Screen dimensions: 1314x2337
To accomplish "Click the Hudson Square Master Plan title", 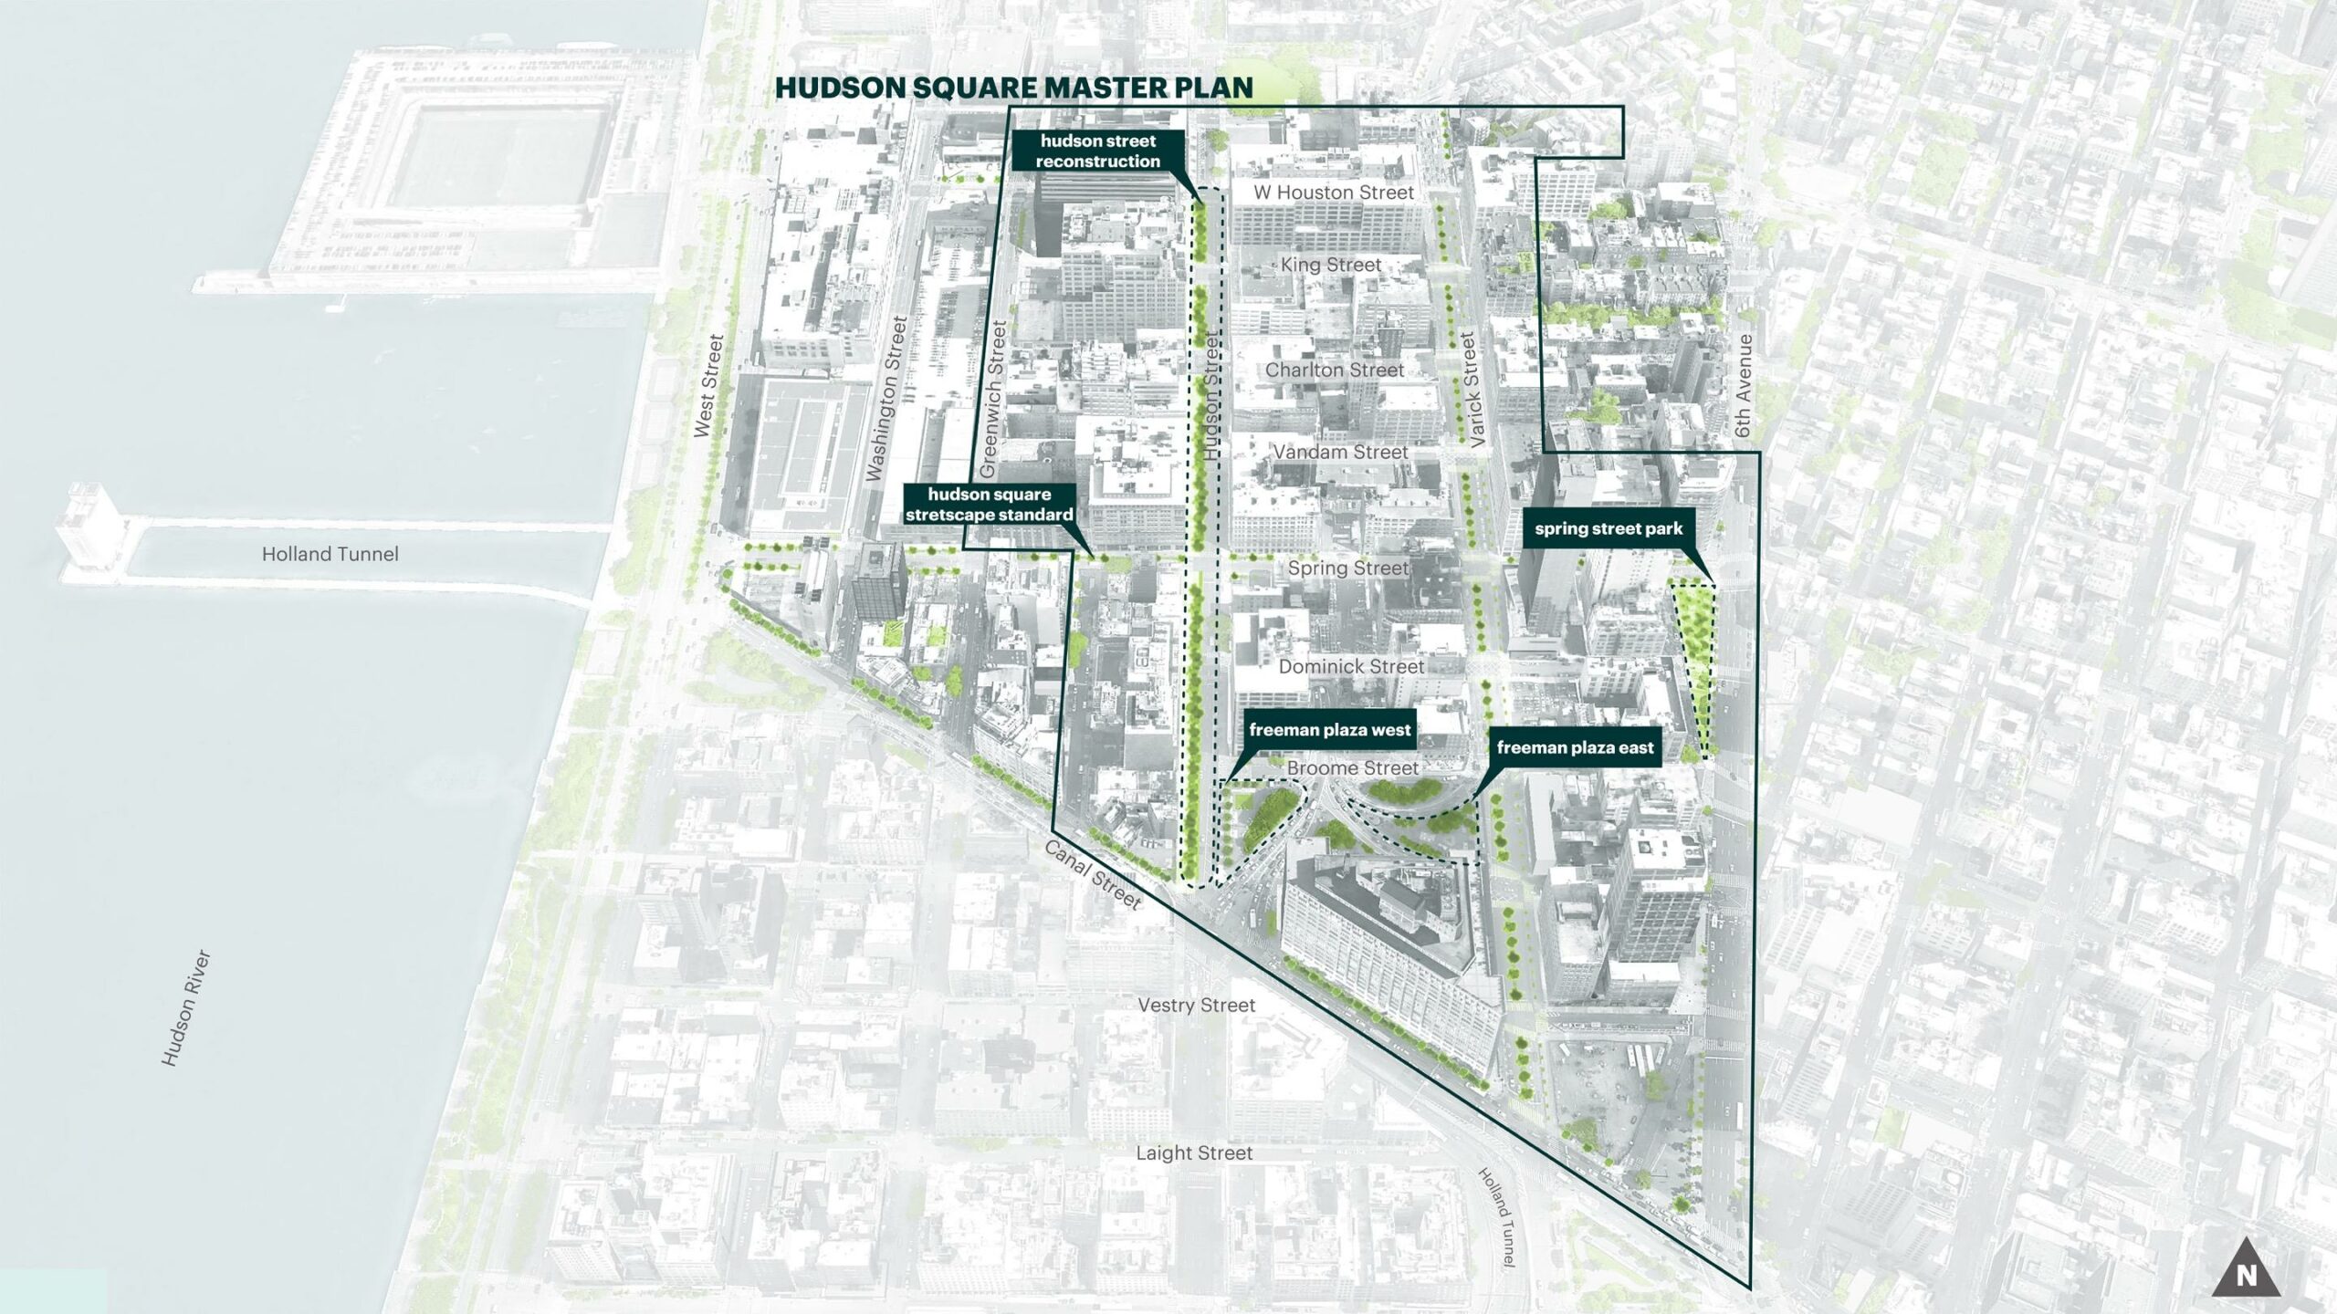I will pyautogui.click(x=1013, y=88).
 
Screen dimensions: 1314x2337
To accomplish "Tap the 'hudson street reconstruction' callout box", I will pyautogui.click(x=1097, y=151).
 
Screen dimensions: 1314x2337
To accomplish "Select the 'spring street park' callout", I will pyautogui.click(x=1608, y=528).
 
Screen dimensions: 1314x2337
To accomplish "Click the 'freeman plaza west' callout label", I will pyautogui.click(x=1329, y=729).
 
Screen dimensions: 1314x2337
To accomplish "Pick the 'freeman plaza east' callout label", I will pyautogui.click(x=1575, y=747).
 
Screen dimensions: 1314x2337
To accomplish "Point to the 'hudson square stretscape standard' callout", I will pyautogui.click(x=989, y=504).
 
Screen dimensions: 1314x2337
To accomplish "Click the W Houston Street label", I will pyautogui.click(x=1333, y=193).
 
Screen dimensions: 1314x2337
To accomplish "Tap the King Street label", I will pyautogui.click(x=1330, y=265).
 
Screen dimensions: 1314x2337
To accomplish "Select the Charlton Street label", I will pyautogui.click(x=1334, y=370).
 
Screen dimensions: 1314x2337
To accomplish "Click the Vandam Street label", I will pyautogui.click(x=1340, y=452).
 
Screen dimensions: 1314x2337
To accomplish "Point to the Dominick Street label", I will pyautogui.click(x=1351, y=666).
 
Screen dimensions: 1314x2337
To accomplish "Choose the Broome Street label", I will pyautogui.click(x=1352, y=768).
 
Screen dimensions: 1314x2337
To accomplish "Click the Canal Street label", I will pyautogui.click(x=1092, y=874).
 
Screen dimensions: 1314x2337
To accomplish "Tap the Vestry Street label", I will pyautogui.click(x=1196, y=1005).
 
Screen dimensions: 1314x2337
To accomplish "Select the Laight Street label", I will pyautogui.click(x=1194, y=1152).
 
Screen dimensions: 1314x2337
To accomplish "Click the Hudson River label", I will pyautogui.click(x=186, y=1007).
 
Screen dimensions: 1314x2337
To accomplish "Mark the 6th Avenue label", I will pyautogui.click(x=1745, y=385).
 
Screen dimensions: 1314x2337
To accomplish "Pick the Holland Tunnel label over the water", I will pyautogui.click(x=330, y=554).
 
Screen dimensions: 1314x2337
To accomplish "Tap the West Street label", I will pyautogui.click(x=708, y=385).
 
